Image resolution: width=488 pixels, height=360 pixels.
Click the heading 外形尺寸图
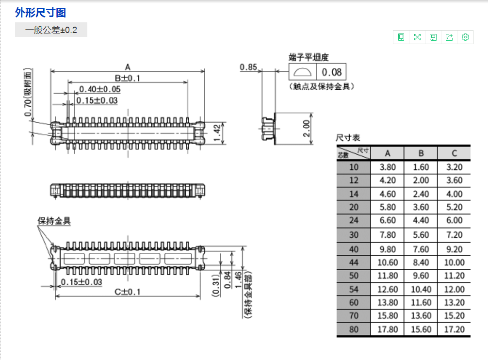(x=40, y=13)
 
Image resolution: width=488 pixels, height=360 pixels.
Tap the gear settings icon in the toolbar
(x=465, y=37)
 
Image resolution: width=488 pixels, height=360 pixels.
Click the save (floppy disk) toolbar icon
(x=433, y=37)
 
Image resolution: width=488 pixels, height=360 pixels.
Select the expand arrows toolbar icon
(x=417, y=37)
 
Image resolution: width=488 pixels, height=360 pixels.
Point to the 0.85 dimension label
(x=248, y=67)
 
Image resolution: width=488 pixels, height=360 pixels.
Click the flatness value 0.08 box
(x=331, y=72)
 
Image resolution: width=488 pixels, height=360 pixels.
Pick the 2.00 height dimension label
(x=307, y=129)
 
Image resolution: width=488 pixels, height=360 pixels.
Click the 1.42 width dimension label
(x=217, y=133)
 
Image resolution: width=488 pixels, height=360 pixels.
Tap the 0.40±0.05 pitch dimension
(x=99, y=89)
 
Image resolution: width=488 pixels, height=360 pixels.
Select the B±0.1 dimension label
(x=128, y=78)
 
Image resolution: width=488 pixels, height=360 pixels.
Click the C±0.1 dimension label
(x=128, y=292)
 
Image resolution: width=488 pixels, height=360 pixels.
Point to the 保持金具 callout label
(x=54, y=221)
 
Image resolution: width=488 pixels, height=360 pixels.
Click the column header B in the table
(x=421, y=153)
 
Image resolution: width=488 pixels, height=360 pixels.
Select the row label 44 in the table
(x=354, y=262)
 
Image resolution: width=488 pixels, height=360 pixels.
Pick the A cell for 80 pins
(x=388, y=329)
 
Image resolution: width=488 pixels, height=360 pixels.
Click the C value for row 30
(x=455, y=235)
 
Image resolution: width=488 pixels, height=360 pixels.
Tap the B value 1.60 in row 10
(x=421, y=167)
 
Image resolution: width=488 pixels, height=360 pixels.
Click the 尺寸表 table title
(x=348, y=137)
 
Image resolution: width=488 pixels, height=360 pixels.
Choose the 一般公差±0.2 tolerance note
(x=51, y=30)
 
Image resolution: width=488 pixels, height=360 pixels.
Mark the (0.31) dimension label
(x=216, y=285)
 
